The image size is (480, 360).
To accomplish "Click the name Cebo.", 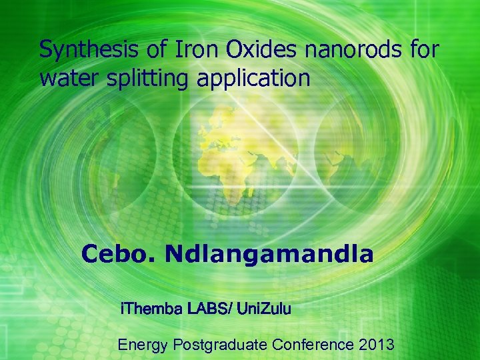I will point(119,254).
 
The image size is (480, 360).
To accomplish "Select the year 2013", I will point(376,345).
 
